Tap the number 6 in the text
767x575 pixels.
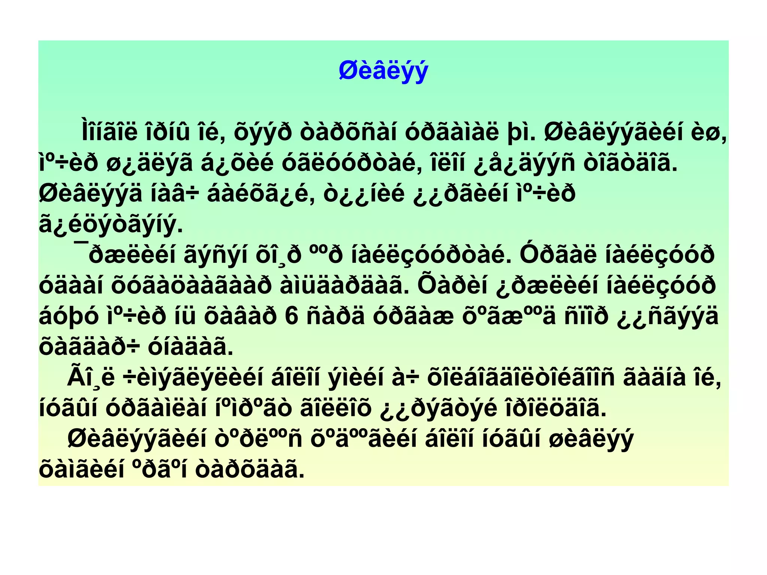291,316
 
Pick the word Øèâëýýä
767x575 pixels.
91,194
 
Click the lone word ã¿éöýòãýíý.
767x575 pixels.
111,225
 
